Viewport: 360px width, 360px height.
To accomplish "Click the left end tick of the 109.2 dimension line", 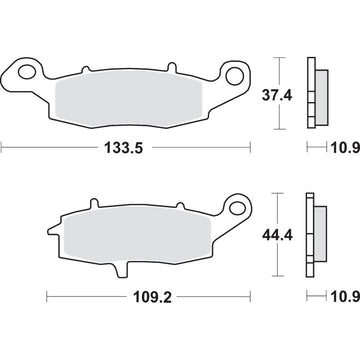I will pyautogui.click(x=47, y=298).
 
